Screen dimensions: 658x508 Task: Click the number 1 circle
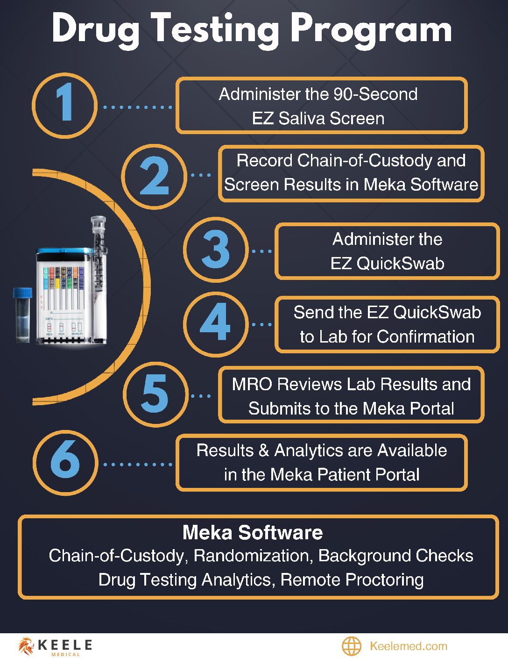tap(64, 106)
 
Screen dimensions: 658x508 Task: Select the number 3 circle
tap(216, 250)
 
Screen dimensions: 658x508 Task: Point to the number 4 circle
tap(216, 323)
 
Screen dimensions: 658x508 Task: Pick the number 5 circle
tap(155, 394)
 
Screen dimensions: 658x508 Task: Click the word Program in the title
tap(371, 29)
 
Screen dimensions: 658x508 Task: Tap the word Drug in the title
tap(96, 29)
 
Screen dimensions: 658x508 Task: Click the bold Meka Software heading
tap(253, 532)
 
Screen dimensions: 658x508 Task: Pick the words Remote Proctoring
tap(352, 579)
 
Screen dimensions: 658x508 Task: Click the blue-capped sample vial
tap(22, 314)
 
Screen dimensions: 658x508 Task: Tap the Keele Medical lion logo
tap(26, 646)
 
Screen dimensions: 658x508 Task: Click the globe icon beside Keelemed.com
tap(352, 646)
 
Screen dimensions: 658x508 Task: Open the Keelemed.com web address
tap(408, 646)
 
